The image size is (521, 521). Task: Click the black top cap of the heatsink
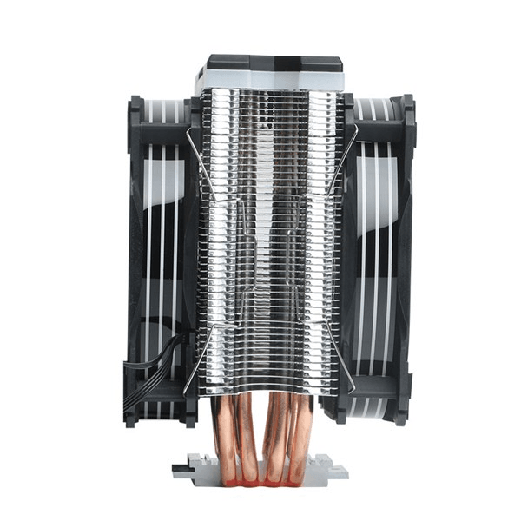point(273,64)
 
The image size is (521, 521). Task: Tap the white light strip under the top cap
point(273,82)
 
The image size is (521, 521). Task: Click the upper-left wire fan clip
point(201,165)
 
